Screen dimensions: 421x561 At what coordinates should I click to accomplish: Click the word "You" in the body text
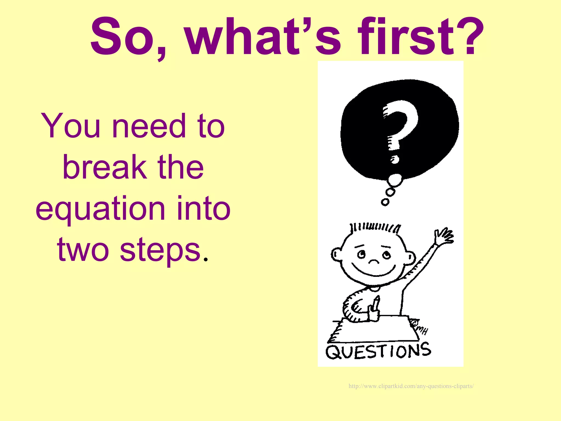point(71,126)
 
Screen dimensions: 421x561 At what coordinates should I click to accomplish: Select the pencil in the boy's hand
point(376,303)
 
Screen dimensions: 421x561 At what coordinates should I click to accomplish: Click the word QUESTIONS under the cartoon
point(378,351)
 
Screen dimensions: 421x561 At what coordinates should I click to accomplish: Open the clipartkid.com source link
point(411,386)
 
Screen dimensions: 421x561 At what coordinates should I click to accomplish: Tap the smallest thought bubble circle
point(385,202)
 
